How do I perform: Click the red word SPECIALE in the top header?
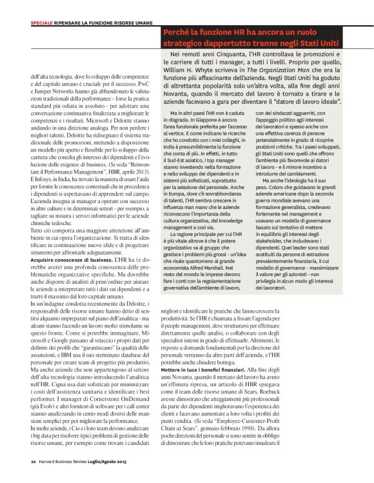pos(43,24)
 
